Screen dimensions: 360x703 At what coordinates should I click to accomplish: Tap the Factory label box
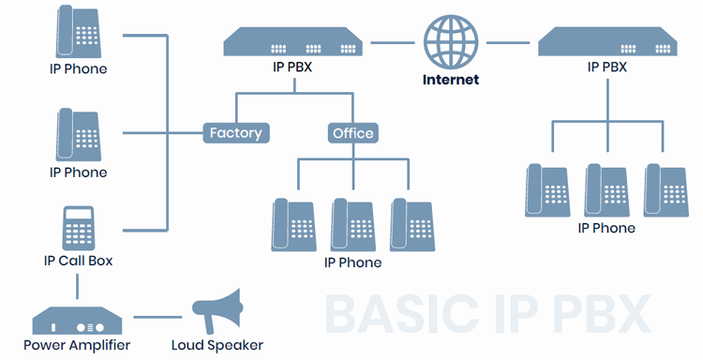pyautogui.click(x=235, y=133)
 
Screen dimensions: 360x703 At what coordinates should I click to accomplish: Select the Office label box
pyautogui.click(x=353, y=133)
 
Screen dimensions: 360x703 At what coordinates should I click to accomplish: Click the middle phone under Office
pyautogui.click(x=353, y=225)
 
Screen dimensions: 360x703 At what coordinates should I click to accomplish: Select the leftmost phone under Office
pyautogui.click(x=294, y=225)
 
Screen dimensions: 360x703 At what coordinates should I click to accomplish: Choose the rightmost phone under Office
pyautogui.click(x=412, y=225)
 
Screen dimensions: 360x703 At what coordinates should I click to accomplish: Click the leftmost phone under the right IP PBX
pyautogui.click(x=547, y=190)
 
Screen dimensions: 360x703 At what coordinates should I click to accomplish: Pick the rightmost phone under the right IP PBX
pyautogui.click(x=666, y=190)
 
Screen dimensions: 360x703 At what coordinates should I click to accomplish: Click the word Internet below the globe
pyautogui.click(x=452, y=80)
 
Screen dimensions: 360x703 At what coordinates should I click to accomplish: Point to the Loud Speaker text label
pyautogui.click(x=217, y=345)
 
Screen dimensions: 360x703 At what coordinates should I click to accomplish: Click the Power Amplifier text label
pyautogui.click(x=77, y=345)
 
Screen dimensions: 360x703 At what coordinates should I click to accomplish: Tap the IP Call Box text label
pyautogui.click(x=78, y=261)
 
